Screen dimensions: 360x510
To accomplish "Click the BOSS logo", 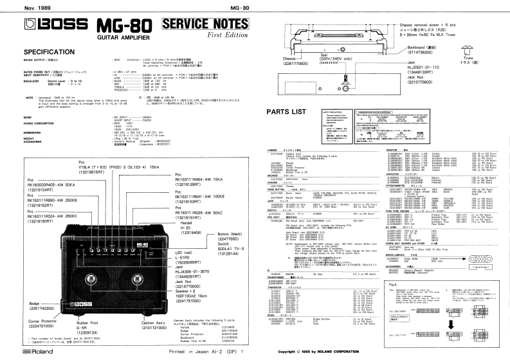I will pyautogui.click(x=46, y=27).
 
